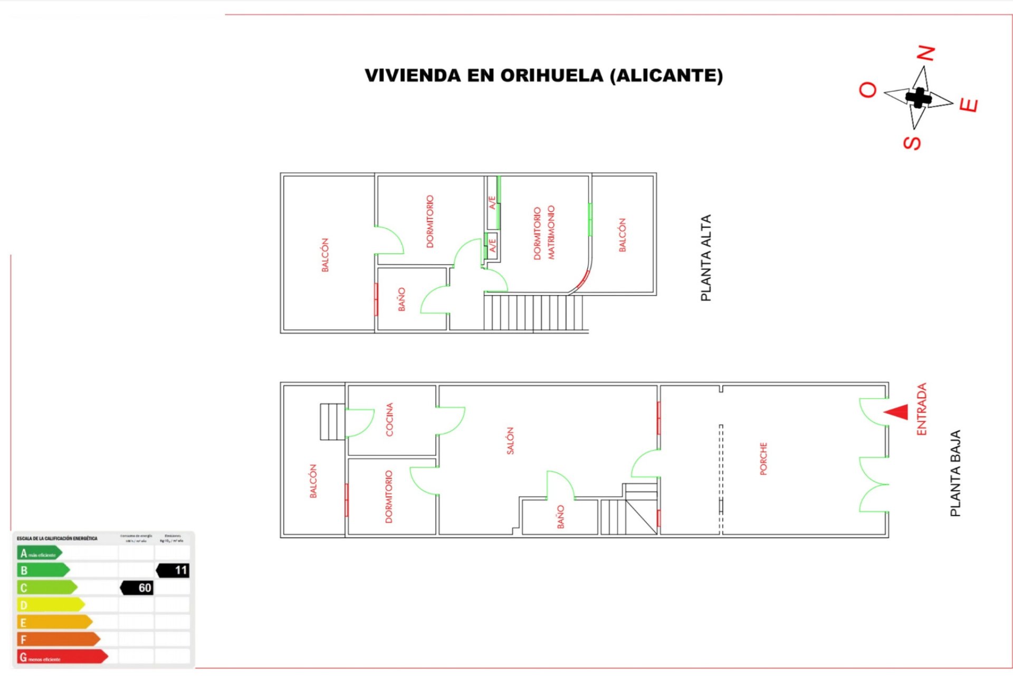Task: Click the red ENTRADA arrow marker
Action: [897, 412]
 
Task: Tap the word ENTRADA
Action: [922, 409]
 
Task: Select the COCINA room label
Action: [389, 419]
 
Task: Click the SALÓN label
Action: [510, 440]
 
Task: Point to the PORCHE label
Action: [763, 458]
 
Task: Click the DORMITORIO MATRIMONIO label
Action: [544, 232]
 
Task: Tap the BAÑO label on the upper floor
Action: [402, 299]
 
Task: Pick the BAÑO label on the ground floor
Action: [560, 516]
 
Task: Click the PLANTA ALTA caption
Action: [705, 258]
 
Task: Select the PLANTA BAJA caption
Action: [955, 473]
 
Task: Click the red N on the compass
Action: [925, 53]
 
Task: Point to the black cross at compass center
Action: [918, 98]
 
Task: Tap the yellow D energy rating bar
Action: [51, 605]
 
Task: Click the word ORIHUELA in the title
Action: [551, 76]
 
